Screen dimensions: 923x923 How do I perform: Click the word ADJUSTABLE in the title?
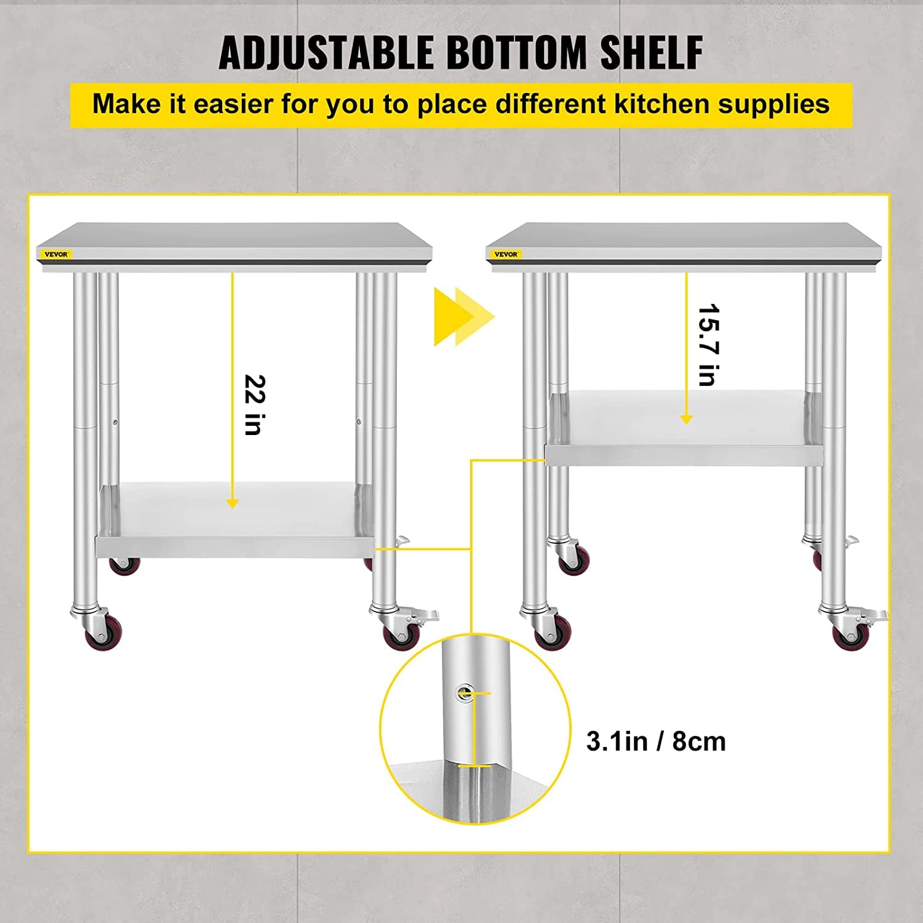pos(326,52)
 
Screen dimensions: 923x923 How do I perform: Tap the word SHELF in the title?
pos(652,52)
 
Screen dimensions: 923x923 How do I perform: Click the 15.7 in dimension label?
pos(708,345)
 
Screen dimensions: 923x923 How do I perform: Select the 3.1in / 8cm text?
pos(656,741)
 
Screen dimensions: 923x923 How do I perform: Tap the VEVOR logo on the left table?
pos(56,254)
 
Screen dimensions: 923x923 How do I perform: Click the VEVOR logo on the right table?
pos(506,254)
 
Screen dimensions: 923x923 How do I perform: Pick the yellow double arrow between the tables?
pos(464,317)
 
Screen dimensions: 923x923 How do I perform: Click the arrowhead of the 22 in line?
pos(232,503)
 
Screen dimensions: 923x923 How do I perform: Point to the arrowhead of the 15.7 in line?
pos(687,418)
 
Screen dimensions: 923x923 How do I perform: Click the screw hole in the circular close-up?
pos(465,693)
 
